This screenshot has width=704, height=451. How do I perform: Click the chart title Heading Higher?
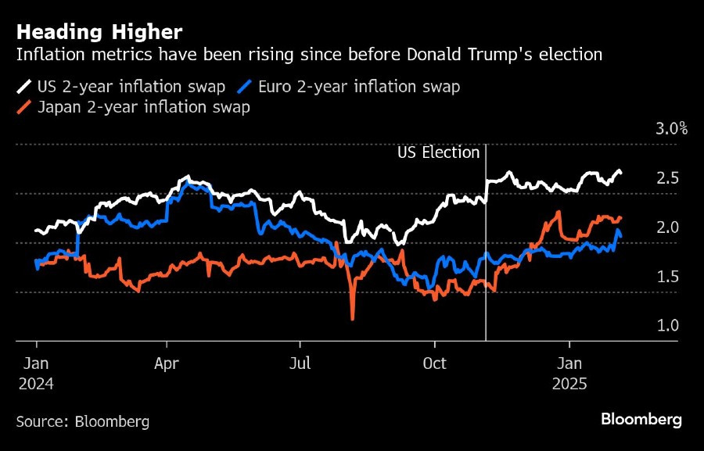coord(99,32)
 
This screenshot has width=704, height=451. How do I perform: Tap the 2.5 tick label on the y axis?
coord(667,178)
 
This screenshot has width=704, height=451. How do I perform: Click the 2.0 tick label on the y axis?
coord(667,227)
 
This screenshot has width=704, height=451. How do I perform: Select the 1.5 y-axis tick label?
coord(667,277)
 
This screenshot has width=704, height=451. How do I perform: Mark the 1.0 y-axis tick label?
coord(667,325)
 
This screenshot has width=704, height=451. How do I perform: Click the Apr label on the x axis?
coord(166,364)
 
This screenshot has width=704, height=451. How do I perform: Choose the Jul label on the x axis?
coord(300,364)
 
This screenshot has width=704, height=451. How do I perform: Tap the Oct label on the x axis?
coord(434,364)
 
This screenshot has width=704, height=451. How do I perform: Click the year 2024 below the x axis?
coord(36,385)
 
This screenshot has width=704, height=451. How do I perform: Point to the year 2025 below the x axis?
coord(569,385)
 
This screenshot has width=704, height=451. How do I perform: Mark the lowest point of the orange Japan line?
coord(352,318)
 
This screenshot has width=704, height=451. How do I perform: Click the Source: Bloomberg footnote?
coord(82,421)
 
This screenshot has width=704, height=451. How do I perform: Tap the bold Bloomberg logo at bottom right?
coord(641,420)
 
